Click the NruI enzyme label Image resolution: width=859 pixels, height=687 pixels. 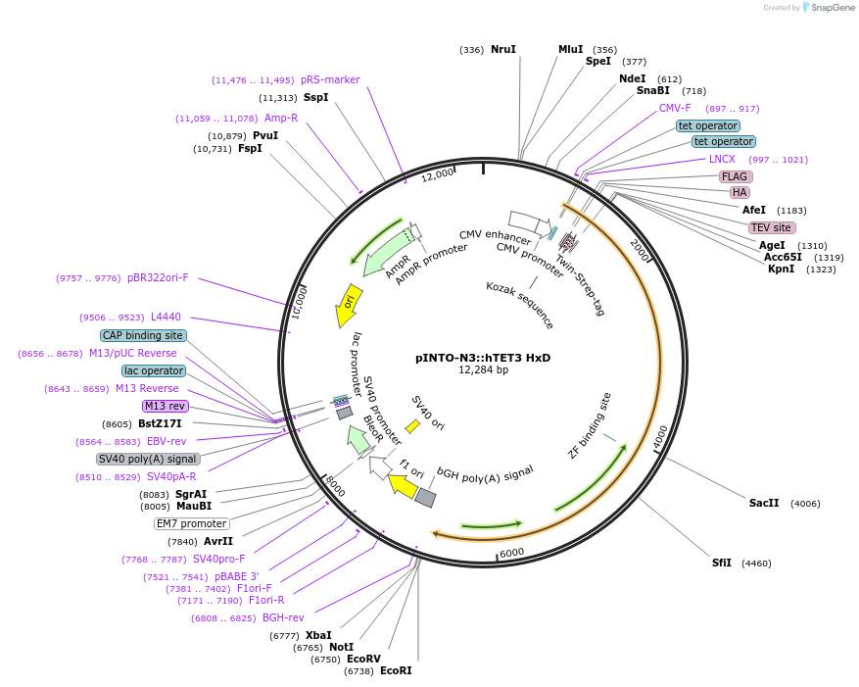coord(502,49)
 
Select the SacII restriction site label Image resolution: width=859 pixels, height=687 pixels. coord(764,503)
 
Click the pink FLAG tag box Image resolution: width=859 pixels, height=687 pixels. coord(735,177)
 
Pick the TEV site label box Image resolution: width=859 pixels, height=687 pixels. coord(771,227)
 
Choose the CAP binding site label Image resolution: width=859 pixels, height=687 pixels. coord(143,335)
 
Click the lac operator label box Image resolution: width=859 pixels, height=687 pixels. coord(154,370)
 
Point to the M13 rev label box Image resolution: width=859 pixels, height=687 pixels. coord(164,406)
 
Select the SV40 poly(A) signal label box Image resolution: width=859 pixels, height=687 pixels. coord(148,459)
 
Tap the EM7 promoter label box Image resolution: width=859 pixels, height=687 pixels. coord(192,523)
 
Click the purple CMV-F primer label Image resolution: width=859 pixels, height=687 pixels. coord(675,108)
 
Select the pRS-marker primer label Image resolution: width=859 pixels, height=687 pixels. coord(330,79)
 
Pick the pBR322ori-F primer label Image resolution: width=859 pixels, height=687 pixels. coord(158,277)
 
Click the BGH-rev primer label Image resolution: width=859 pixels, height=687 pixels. coord(283,617)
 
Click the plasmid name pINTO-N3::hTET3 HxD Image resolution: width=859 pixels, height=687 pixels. coord(483,358)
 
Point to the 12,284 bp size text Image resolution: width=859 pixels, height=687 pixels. coord(483,370)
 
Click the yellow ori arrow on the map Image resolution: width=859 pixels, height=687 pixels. coord(348,305)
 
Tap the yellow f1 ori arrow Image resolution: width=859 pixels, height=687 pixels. coord(403,484)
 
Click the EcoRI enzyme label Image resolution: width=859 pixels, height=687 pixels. coord(396,670)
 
